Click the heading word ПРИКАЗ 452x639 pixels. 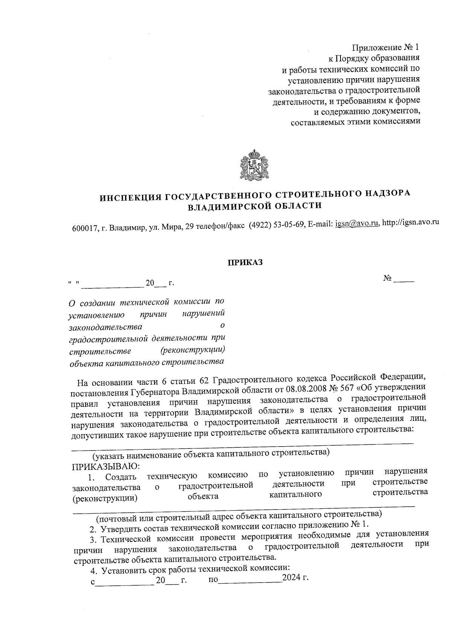(x=244, y=262)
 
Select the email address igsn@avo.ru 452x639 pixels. (x=357, y=223)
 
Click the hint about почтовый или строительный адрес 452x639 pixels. (x=239, y=514)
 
